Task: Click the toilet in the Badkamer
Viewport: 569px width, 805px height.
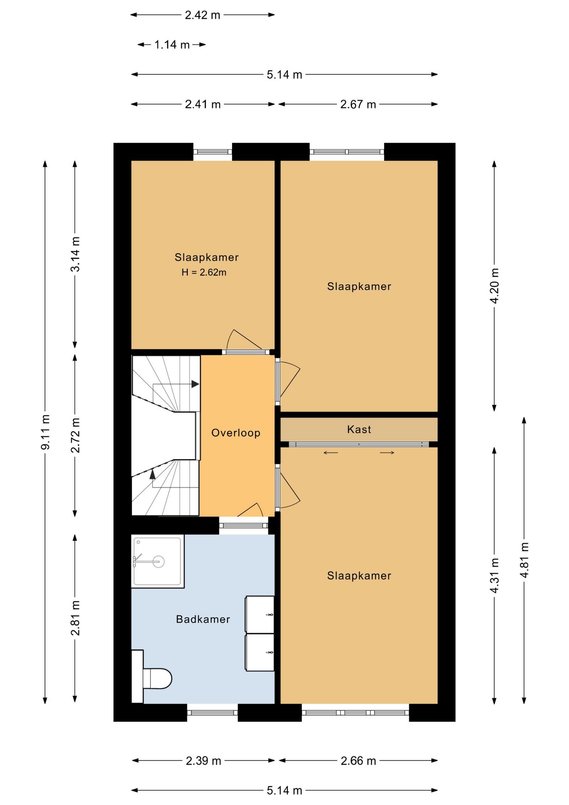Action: click(x=157, y=678)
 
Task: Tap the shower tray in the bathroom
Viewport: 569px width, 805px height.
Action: click(x=158, y=561)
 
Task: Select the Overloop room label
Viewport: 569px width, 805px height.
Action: click(x=236, y=433)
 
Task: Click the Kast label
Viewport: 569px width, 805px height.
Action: click(x=359, y=429)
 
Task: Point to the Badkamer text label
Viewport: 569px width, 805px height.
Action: click(x=203, y=619)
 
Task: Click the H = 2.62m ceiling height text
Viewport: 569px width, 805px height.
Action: click(x=204, y=272)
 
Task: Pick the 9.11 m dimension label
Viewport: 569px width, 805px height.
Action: click(x=45, y=432)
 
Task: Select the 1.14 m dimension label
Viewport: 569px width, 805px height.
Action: click(x=172, y=44)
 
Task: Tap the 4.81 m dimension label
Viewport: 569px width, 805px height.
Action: click(x=524, y=560)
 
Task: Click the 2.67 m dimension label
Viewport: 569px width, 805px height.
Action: click(x=358, y=104)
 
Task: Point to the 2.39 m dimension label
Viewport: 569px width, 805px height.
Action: click(x=204, y=761)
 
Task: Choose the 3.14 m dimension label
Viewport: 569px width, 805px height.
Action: click(x=75, y=254)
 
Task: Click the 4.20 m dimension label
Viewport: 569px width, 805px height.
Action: click(x=494, y=286)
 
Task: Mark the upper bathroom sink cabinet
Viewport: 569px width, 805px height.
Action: click(x=260, y=614)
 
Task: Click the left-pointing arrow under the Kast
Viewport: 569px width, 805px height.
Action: click(x=331, y=452)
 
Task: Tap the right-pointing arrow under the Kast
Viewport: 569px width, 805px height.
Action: click(x=387, y=452)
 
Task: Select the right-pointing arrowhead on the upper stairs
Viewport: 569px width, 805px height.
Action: click(x=195, y=384)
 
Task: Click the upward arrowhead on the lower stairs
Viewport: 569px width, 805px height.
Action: click(x=153, y=474)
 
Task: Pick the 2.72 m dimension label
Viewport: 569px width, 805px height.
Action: click(x=75, y=435)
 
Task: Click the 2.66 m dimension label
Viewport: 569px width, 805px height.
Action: click(x=358, y=761)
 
